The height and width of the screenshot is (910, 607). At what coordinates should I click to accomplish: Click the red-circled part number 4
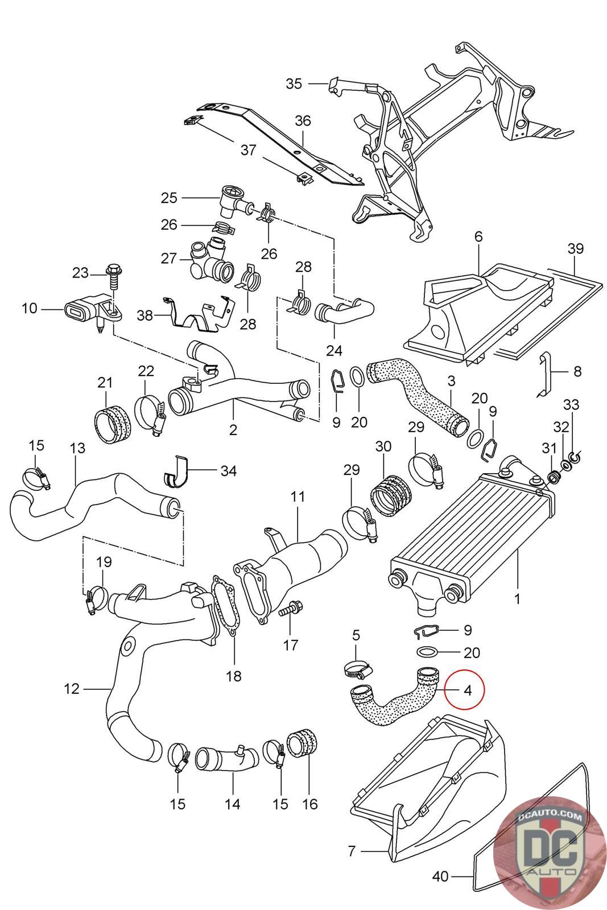click(x=468, y=690)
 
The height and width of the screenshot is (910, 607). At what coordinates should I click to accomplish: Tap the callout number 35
click(x=294, y=84)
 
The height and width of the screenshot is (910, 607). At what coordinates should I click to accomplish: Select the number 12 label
click(x=72, y=689)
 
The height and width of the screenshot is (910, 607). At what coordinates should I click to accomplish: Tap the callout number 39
click(x=575, y=249)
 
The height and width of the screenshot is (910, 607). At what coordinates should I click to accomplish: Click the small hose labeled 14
click(x=227, y=758)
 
